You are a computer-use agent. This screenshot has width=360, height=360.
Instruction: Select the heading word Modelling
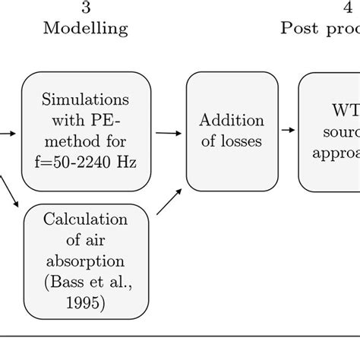pos(85,29)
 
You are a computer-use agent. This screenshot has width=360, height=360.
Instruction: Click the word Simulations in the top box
pos(86,101)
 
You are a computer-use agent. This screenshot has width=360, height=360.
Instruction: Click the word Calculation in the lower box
pos(86,220)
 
